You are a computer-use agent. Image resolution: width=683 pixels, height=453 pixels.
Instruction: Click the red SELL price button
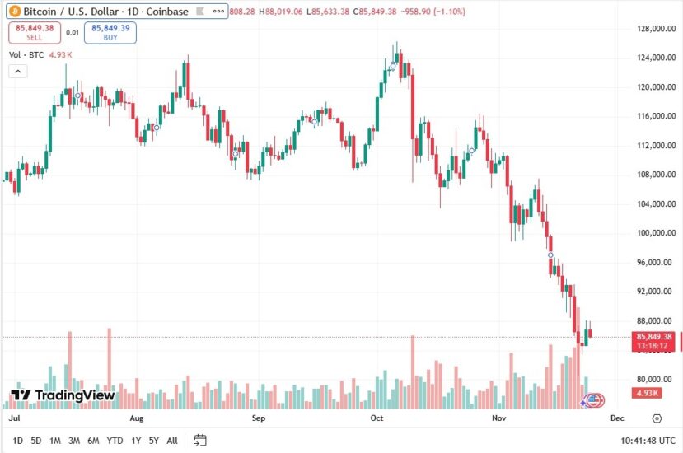[34, 32]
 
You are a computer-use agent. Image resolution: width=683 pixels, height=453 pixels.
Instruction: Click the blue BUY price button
[110, 32]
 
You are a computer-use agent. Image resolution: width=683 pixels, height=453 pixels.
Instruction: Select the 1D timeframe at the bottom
[18, 441]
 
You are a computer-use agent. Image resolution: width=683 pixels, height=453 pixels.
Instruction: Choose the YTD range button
[115, 441]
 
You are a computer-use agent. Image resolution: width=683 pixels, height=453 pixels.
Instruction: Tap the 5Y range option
[154, 441]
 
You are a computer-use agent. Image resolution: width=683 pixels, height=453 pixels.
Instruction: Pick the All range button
[172, 441]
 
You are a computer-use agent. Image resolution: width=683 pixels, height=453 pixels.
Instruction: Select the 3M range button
[74, 441]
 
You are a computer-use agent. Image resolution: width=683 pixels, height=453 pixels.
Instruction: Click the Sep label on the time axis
[258, 418]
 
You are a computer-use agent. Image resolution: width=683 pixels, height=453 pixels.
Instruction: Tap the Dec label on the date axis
[616, 418]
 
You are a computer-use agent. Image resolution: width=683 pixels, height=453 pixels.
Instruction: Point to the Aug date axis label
[138, 418]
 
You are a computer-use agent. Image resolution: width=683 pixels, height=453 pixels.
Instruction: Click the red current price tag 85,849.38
[655, 337]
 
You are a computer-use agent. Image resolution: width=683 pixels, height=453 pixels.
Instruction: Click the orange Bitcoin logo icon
[12, 12]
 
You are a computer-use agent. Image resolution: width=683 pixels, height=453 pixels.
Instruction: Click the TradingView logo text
[63, 395]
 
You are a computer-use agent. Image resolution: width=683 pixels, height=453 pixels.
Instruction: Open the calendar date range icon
[199, 441]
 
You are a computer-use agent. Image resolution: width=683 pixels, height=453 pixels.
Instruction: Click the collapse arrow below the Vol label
[17, 72]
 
